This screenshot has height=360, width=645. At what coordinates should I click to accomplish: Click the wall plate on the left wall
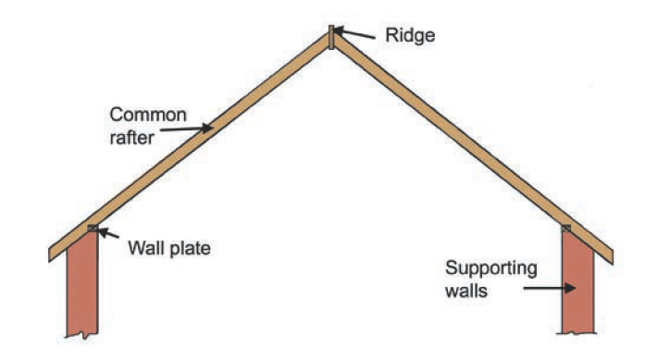(x=92, y=227)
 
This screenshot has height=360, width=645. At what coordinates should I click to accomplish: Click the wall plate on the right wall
(x=567, y=227)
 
